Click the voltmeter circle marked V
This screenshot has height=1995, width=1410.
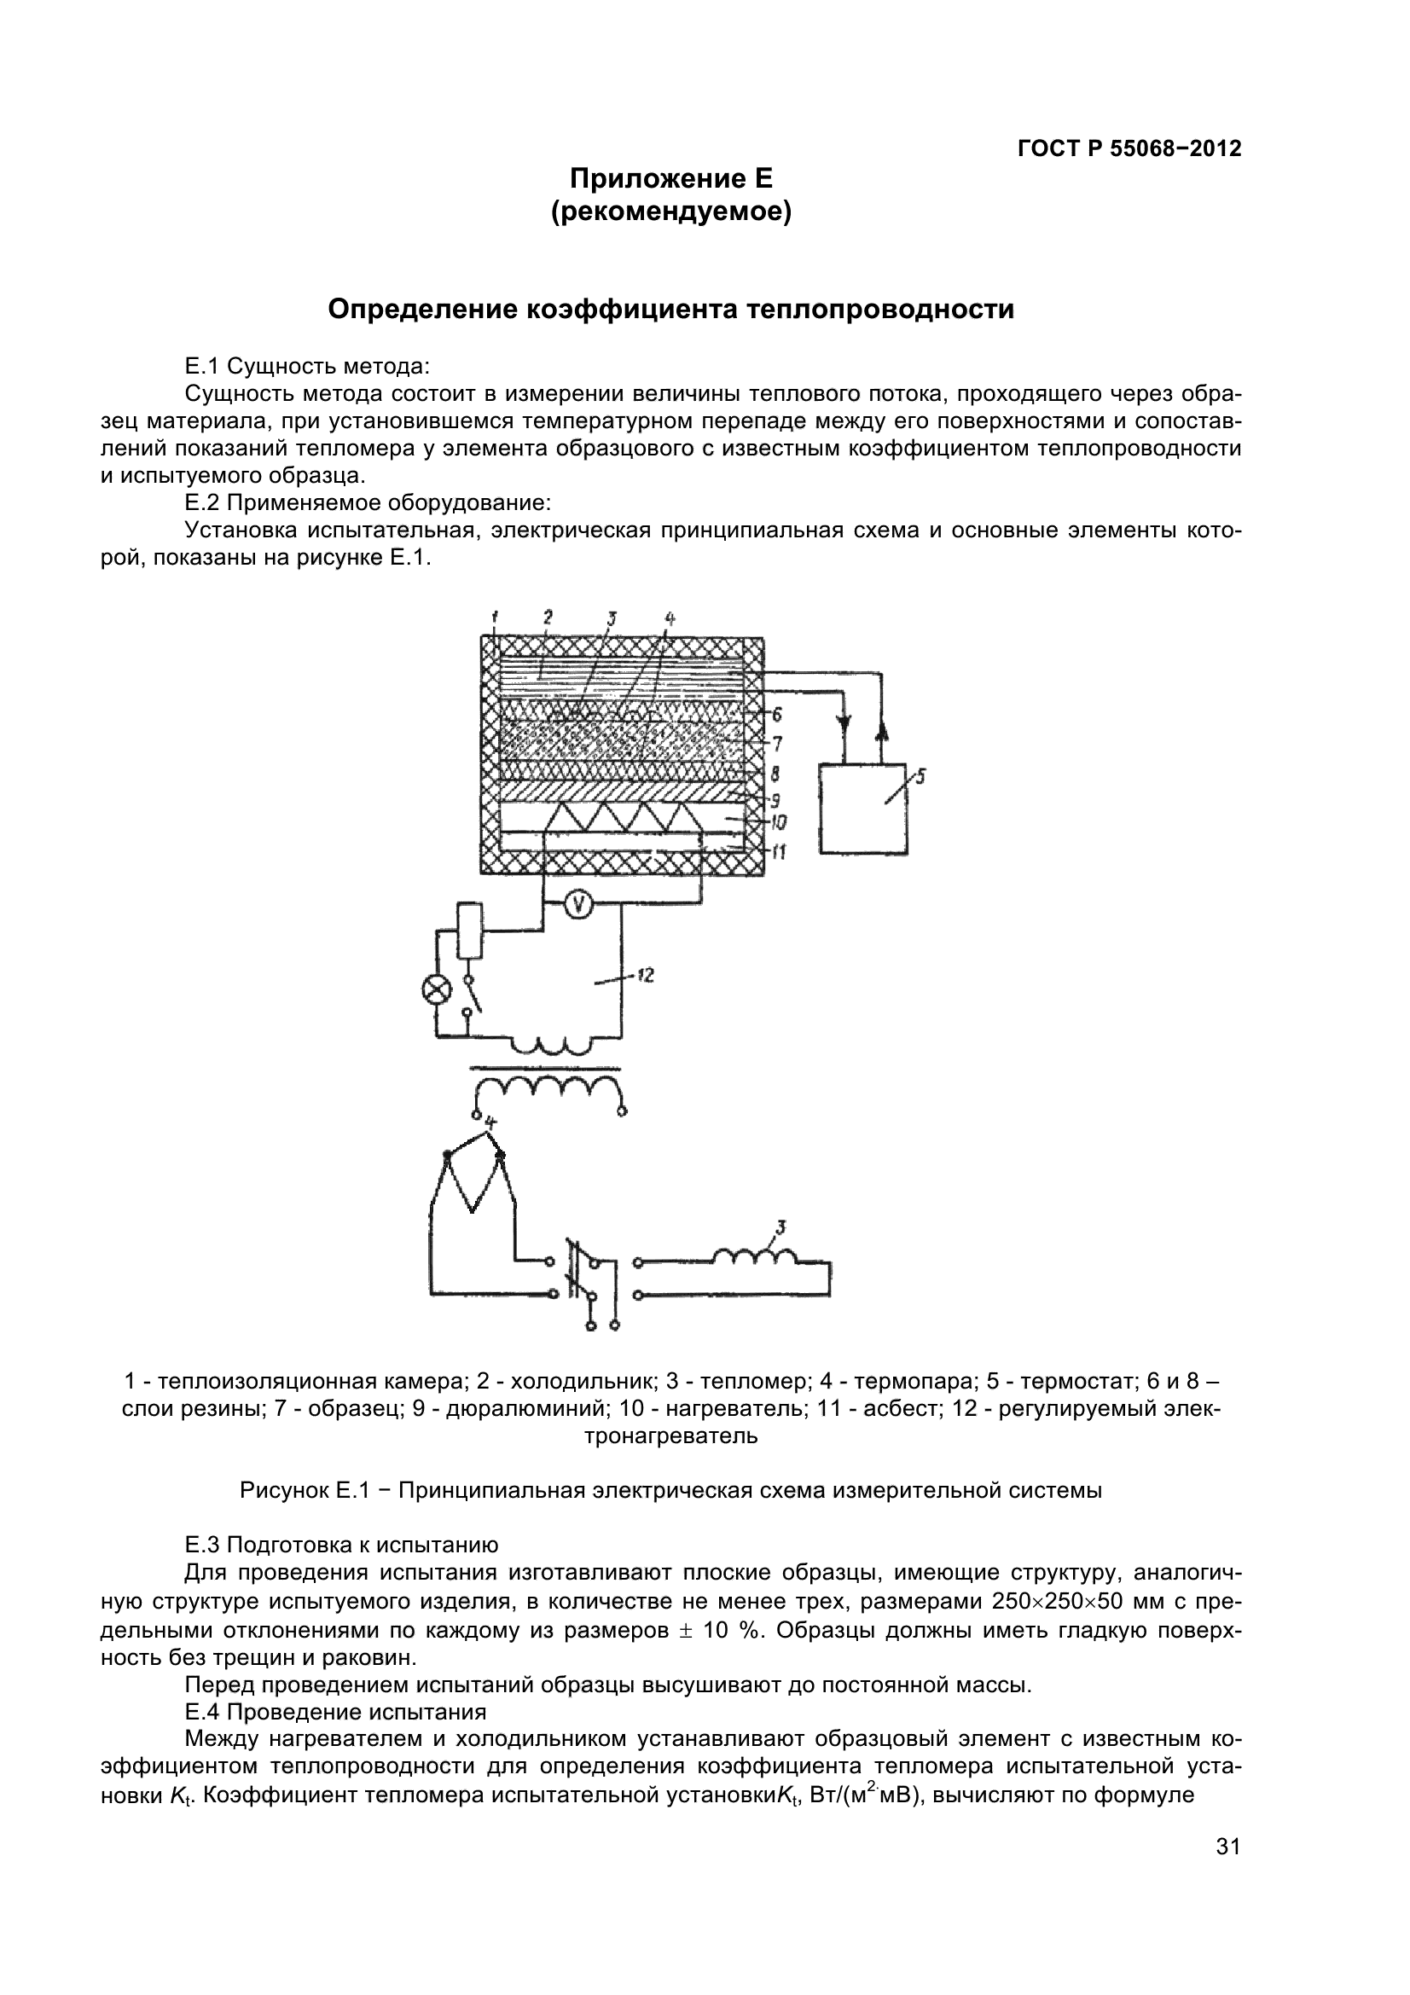coord(578,906)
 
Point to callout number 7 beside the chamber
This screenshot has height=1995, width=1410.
coord(779,744)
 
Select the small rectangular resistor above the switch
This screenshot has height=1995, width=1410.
coord(469,931)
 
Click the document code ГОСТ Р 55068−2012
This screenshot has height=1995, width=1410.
coord(1129,148)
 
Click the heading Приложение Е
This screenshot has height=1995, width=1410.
coord(670,179)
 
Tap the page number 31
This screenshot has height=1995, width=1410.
coord(1227,1870)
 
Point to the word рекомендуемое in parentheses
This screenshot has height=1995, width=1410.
coord(670,213)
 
